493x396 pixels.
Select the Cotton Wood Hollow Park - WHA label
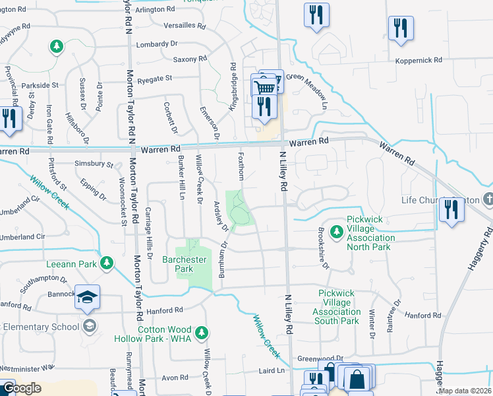pyautogui.click(x=164, y=334)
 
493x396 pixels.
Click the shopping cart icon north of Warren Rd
pyautogui.click(x=264, y=88)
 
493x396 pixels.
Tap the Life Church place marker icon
pyautogui.click(x=488, y=199)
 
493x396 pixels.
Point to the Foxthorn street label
pyautogui.click(x=242, y=168)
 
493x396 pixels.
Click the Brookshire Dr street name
pyautogui.click(x=322, y=248)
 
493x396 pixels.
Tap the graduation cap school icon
pyautogui.click(x=87, y=298)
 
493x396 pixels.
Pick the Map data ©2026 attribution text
pyautogui.click(x=465, y=391)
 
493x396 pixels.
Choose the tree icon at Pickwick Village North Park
pyautogui.click(x=336, y=232)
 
